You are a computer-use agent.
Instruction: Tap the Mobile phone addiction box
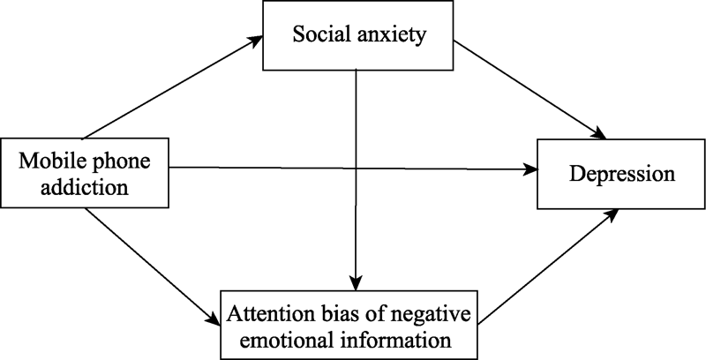tap(84, 173)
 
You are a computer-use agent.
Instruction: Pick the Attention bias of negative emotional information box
tap(351, 324)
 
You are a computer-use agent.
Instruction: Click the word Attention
tap(264, 313)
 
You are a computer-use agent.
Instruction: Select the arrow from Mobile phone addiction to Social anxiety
tap(172, 88)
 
